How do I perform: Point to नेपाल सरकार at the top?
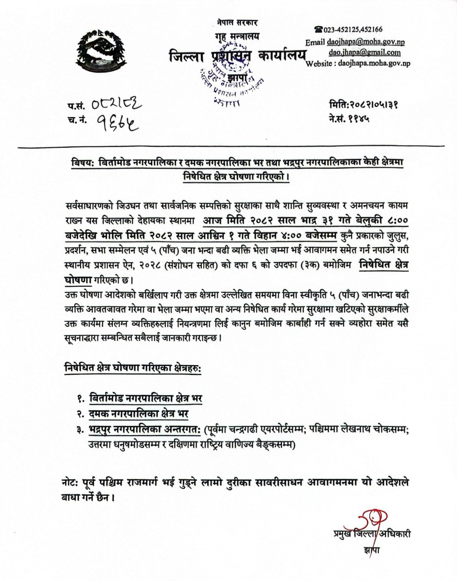coord(237,22)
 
